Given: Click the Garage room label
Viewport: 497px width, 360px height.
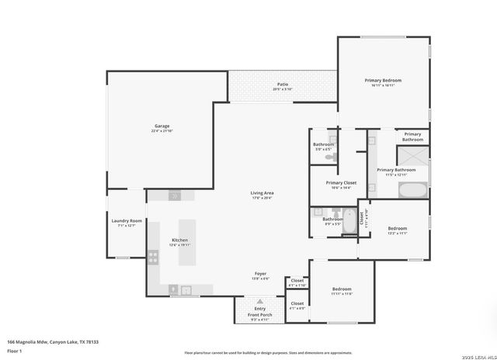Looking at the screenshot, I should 162,126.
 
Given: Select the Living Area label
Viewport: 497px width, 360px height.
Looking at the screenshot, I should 262,193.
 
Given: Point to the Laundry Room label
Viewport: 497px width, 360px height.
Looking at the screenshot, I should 127,220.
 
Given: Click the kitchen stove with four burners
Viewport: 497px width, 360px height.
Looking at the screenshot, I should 154,256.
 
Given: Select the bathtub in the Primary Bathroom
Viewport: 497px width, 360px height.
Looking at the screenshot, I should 412,189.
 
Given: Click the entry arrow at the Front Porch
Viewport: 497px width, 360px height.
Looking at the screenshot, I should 259,302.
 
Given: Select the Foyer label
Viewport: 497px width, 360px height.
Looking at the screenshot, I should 261,274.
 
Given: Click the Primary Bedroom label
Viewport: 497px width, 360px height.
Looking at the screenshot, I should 383,80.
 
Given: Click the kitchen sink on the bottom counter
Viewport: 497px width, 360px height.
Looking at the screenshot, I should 186,289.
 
